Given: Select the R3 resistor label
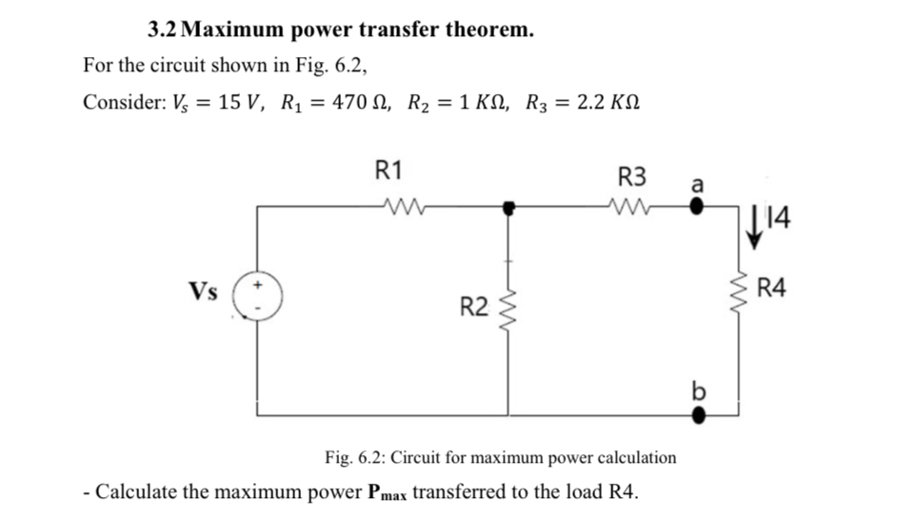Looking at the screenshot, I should click(x=632, y=176).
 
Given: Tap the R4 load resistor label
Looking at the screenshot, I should click(x=772, y=288).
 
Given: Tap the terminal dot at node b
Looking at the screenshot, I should click(x=698, y=414).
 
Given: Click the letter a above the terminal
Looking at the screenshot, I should click(x=697, y=184).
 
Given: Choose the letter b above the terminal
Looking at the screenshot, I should click(x=698, y=390).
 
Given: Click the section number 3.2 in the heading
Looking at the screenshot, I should click(x=163, y=30).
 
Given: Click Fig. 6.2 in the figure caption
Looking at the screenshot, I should click(x=354, y=457).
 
